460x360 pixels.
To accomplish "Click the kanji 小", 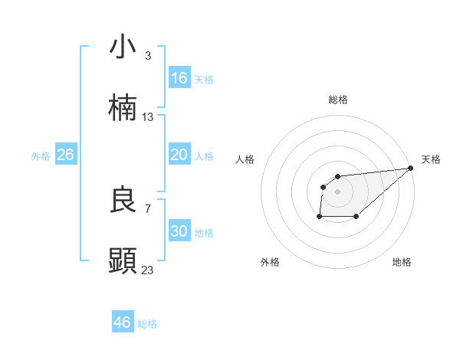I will pos(123,47).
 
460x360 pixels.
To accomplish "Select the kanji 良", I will pos(123,200).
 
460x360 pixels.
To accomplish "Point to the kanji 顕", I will pos(123,260).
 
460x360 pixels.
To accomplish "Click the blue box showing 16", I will pos(179,78).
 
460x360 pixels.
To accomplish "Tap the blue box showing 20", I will pos(179,155).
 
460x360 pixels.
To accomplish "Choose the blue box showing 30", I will pos(179,231).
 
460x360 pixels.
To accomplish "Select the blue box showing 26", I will pos(65,155).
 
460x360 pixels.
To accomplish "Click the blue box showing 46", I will pos(123,322).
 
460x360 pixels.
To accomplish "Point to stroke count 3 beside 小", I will pos(147,56).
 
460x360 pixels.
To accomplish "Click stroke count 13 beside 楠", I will pos(148,117).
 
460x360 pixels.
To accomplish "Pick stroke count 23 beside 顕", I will pos(148,270).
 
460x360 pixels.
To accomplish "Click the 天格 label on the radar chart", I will pos(431,159).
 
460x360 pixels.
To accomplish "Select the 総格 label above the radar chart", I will pos(337,100).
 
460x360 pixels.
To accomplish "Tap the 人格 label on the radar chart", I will pos(245,159).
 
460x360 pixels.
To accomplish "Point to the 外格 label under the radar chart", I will pos(270,263).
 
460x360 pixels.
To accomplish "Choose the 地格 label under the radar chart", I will pos(402,263).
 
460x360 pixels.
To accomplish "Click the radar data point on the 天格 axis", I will pos(410,168).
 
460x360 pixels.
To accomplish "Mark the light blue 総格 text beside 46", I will pos(147,324).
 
